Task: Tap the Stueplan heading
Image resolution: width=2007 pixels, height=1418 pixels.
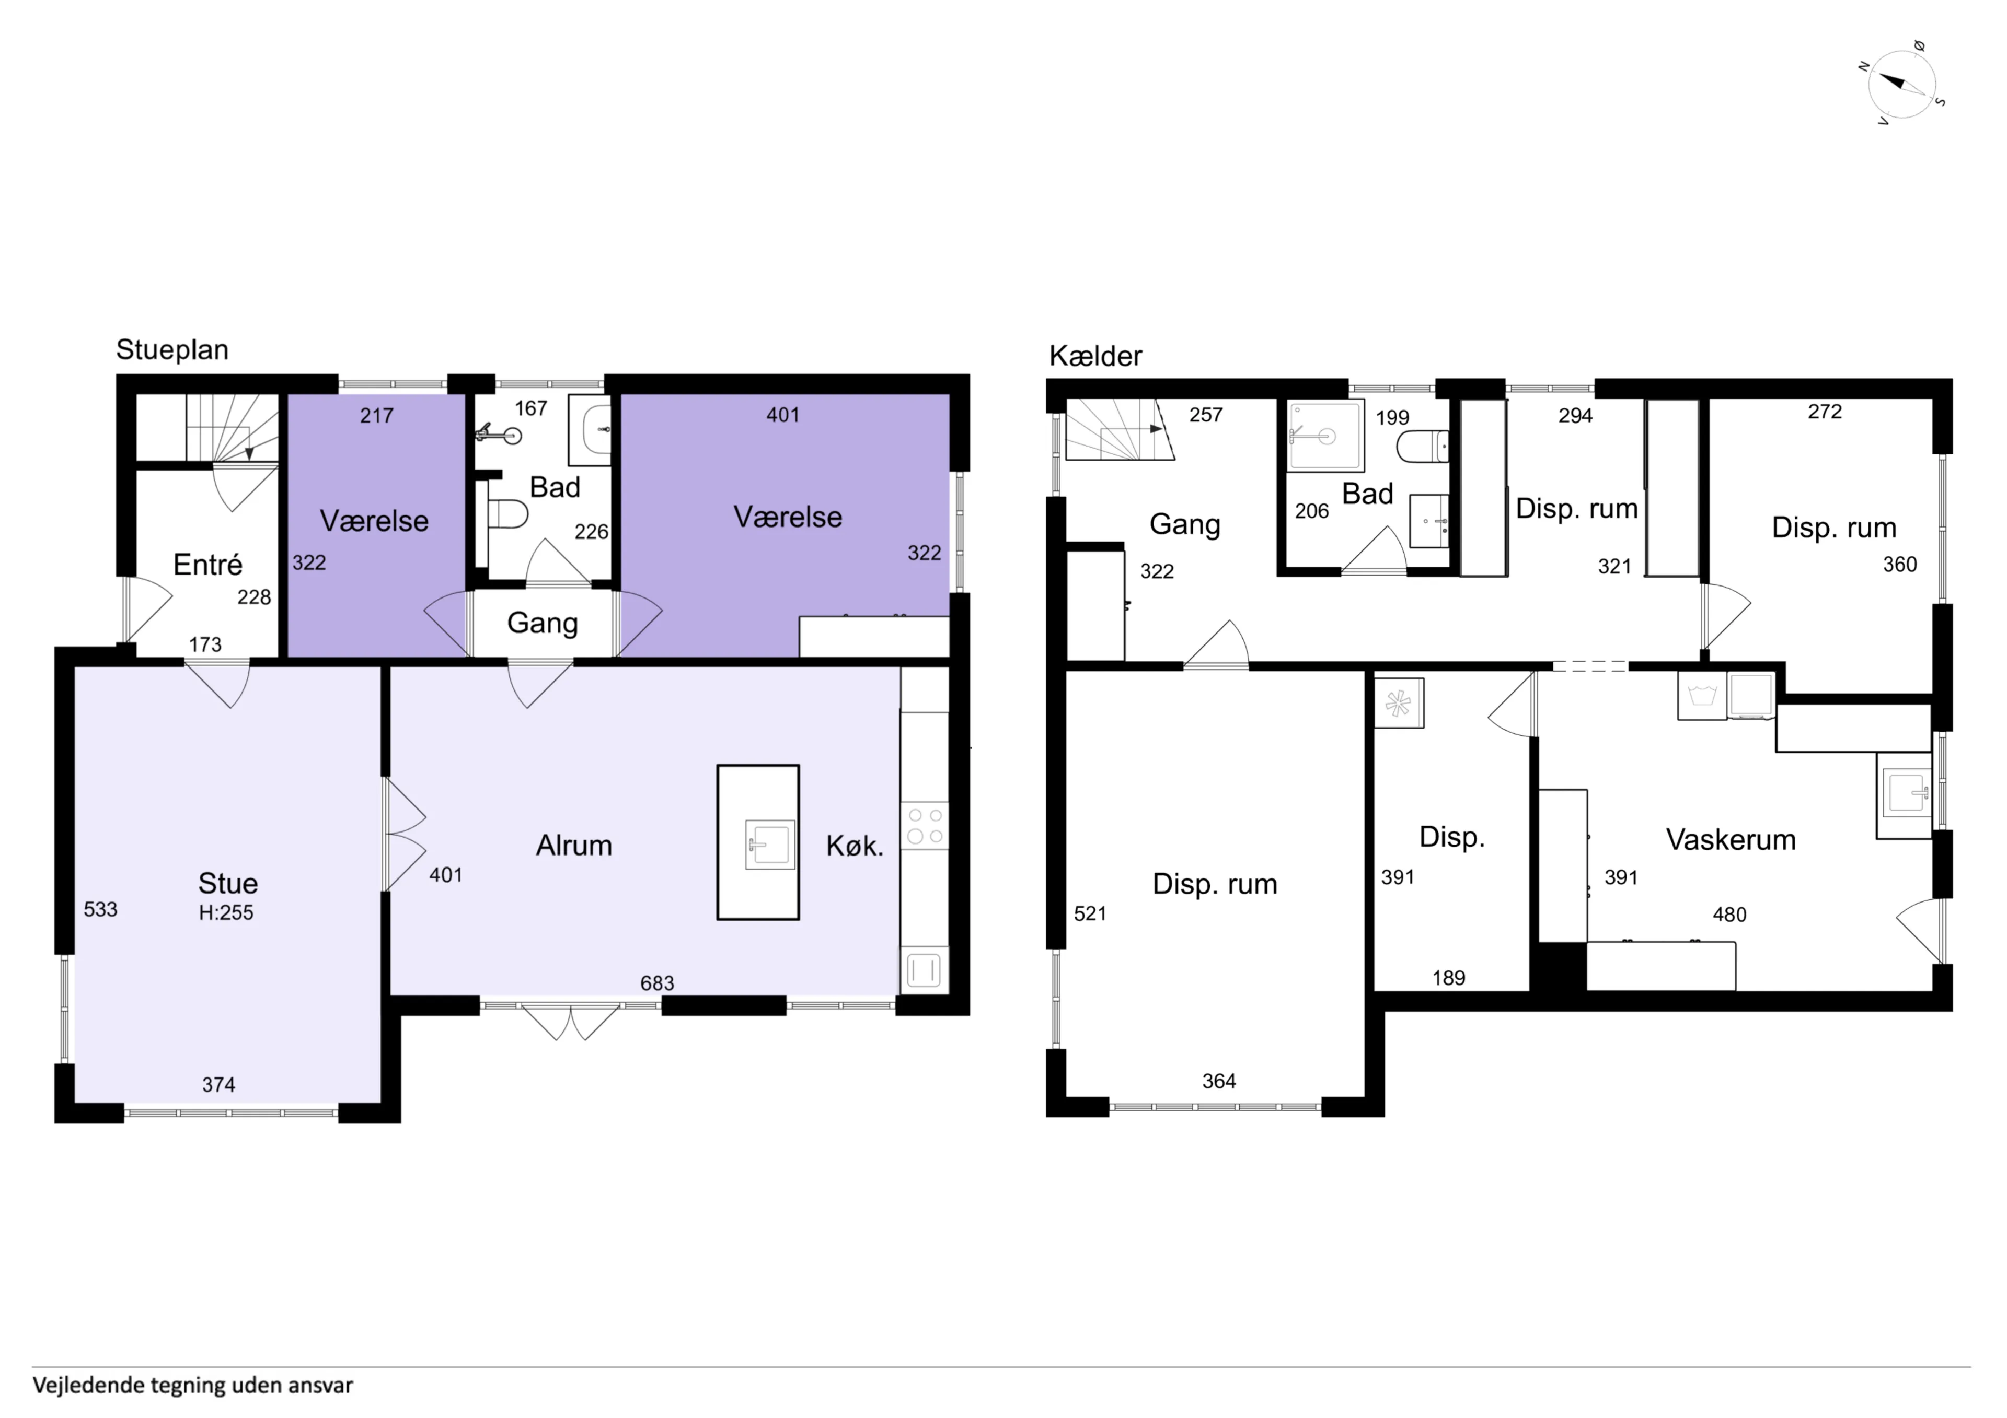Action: (x=172, y=349)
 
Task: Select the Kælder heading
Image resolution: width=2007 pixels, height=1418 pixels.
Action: (x=1095, y=356)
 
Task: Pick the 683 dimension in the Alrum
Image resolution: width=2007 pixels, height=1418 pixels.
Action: (x=658, y=983)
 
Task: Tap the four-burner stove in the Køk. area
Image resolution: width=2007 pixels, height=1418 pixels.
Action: (x=925, y=826)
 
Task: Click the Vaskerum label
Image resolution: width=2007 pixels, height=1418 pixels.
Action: (x=1731, y=840)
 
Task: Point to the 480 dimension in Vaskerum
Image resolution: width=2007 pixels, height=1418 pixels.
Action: (x=1729, y=915)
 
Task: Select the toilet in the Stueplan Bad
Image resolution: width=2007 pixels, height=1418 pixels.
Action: (x=508, y=514)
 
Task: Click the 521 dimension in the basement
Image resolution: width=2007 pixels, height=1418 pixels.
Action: (x=1090, y=914)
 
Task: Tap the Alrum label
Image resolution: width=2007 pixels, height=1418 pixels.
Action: (x=574, y=846)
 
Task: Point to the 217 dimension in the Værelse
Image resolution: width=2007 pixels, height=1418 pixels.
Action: (x=377, y=416)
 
